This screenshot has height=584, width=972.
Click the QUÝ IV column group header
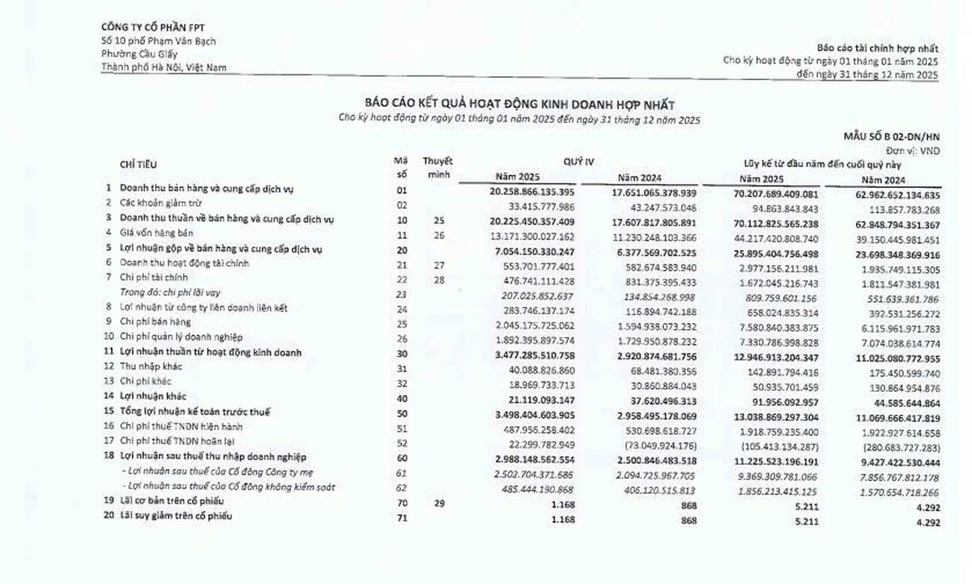pos(578,162)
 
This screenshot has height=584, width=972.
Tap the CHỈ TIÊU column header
pos(139,164)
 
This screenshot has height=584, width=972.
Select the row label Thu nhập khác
pos(151,367)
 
